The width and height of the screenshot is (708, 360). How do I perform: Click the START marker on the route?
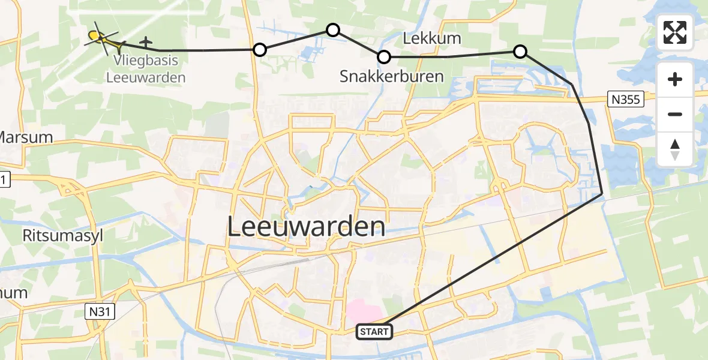tap(374, 331)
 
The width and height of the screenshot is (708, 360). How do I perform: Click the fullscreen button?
tap(675, 32)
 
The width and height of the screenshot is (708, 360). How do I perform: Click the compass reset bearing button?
tap(675, 149)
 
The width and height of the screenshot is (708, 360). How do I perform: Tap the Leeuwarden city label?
tap(306, 227)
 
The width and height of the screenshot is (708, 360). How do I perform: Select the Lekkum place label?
tap(432, 39)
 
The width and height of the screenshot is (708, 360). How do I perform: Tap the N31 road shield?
tap(98, 310)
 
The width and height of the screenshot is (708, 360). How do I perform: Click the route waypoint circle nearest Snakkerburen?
tap(384, 57)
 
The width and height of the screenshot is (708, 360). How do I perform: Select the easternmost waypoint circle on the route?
tap(520, 52)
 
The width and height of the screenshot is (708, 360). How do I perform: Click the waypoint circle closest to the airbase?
tap(259, 50)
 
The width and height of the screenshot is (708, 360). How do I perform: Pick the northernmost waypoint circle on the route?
tap(332, 29)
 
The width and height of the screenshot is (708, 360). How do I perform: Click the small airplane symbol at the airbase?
tap(145, 43)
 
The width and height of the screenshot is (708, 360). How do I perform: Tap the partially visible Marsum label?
tap(25, 137)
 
